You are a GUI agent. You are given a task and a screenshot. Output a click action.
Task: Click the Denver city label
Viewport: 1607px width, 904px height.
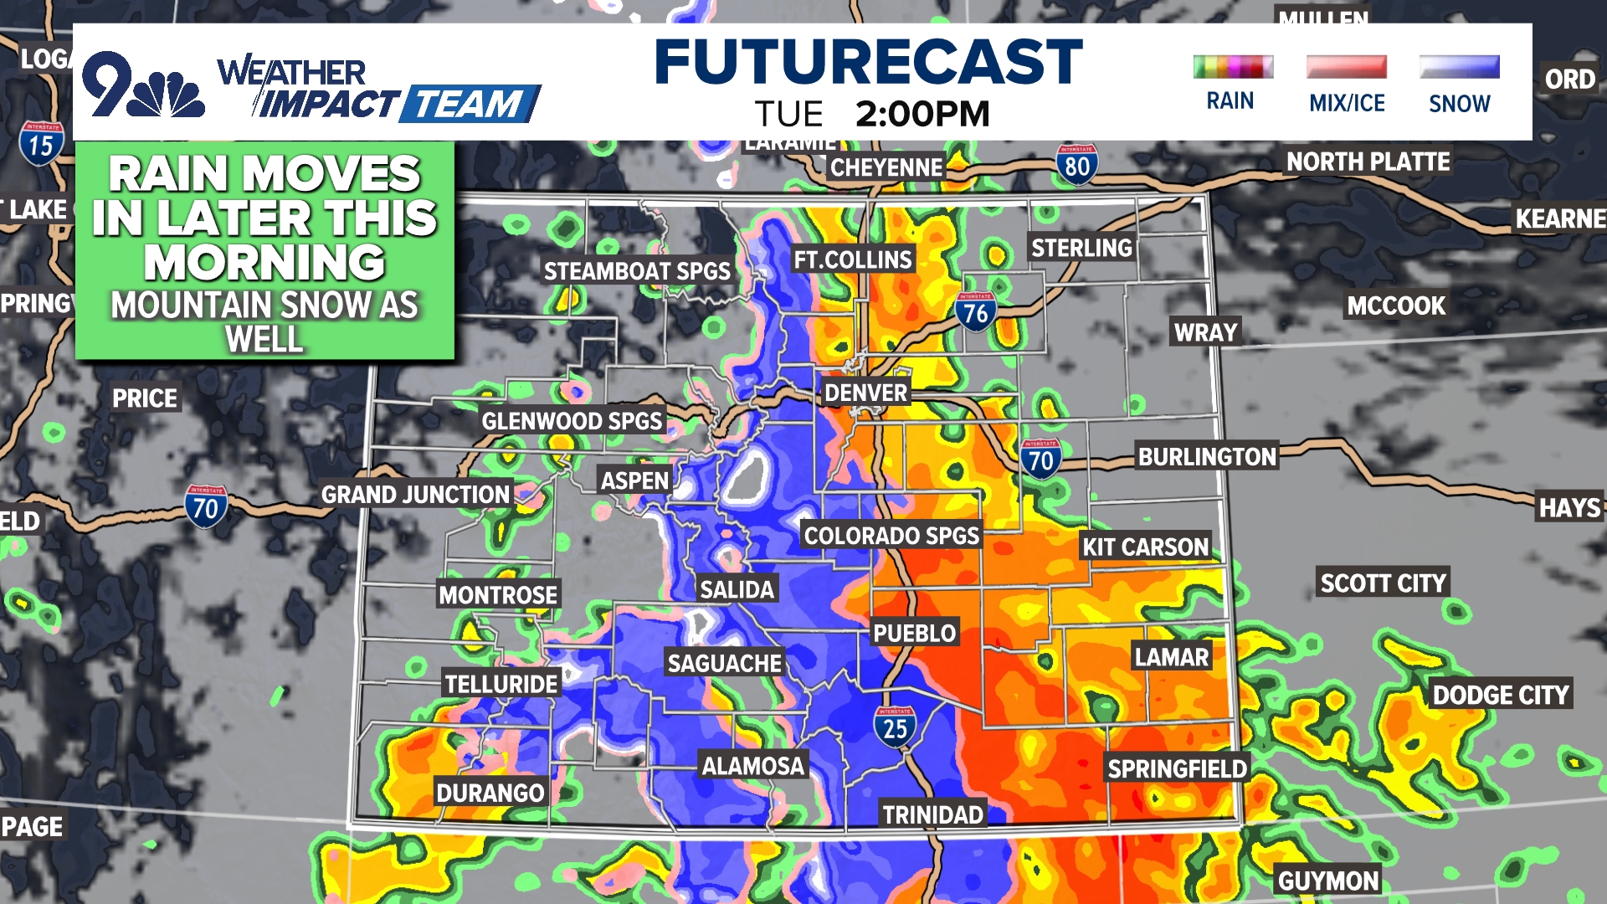pyautogui.click(x=865, y=393)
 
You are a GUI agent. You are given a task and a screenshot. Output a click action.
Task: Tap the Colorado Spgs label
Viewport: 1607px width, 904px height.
pyautogui.click(x=891, y=536)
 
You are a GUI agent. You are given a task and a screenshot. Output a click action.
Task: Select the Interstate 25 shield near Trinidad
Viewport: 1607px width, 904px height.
pyautogui.click(x=895, y=727)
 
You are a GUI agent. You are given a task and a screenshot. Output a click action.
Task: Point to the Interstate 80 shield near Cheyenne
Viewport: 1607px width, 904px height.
pyautogui.click(x=1076, y=165)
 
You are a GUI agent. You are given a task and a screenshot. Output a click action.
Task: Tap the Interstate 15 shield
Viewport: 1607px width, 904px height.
pyautogui.click(x=40, y=144)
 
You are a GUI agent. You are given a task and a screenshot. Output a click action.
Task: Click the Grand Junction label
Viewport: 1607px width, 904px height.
pyautogui.click(x=415, y=495)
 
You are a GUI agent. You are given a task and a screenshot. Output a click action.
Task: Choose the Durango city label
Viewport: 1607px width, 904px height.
pyautogui.click(x=490, y=792)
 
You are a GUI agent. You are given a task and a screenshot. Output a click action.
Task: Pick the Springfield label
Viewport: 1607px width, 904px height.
pyautogui.click(x=1177, y=768)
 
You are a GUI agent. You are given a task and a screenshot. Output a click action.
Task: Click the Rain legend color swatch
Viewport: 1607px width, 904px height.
pyautogui.click(x=1233, y=67)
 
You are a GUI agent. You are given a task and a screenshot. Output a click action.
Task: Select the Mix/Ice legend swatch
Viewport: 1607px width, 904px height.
pyautogui.click(x=1346, y=67)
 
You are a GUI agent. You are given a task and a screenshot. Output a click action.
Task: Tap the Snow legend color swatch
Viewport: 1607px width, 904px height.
pyautogui.click(x=1459, y=67)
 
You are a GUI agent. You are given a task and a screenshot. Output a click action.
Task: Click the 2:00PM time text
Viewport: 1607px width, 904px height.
pyautogui.click(x=922, y=114)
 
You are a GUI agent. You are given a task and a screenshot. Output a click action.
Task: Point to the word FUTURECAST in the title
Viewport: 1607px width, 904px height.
pyautogui.click(x=868, y=63)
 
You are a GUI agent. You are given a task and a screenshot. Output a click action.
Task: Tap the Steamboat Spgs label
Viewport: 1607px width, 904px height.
pyautogui.click(x=637, y=271)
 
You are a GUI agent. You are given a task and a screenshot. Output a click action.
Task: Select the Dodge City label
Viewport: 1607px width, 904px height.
pyautogui.click(x=1500, y=695)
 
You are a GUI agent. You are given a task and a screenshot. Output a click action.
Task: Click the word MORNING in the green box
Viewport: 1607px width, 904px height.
pyautogui.click(x=264, y=262)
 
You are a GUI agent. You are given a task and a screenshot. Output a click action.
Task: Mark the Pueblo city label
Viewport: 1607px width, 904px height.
pyautogui.click(x=914, y=633)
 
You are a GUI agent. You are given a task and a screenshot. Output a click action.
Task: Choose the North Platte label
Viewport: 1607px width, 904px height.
pyautogui.click(x=1368, y=162)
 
